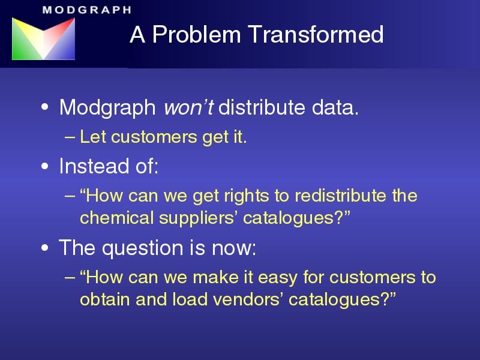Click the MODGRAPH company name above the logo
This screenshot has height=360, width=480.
pos(87,10)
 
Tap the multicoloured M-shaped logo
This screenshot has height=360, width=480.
pos(43,38)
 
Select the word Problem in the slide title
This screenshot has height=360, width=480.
pos(197,34)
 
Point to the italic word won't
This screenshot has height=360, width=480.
pos(188,107)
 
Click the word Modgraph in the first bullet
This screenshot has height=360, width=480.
pos(108,108)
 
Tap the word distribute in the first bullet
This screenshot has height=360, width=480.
pos(262,107)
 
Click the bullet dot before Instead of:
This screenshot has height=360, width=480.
pos(44,167)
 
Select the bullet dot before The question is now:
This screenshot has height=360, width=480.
pos(44,248)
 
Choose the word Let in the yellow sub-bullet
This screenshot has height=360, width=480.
pos(92,137)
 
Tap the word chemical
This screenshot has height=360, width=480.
pos(117,218)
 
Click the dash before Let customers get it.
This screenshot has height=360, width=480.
pos(70,137)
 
